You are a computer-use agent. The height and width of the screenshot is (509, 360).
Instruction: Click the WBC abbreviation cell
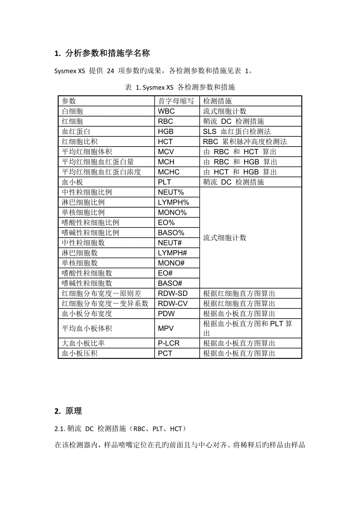pyautogui.click(x=166, y=111)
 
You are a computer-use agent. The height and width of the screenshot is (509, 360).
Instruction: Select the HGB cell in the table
pyautogui.click(x=166, y=132)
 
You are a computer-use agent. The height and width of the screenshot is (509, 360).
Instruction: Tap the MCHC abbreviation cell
pyautogui.click(x=168, y=172)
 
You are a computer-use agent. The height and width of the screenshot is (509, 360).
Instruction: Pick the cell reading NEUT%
pyautogui.click(x=171, y=192)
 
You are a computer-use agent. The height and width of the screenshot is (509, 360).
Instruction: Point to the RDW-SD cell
pyautogui.click(x=173, y=293)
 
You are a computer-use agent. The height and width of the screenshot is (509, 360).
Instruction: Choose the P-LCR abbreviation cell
pyautogui.click(x=169, y=343)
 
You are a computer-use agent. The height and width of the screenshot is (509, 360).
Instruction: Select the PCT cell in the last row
pyautogui.click(x=165, y=353)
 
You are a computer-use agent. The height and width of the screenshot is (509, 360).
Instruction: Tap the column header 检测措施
pyautogui.click(x=218, y=101)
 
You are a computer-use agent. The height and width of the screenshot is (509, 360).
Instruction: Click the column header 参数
pyautogui.click(x=69, y=101)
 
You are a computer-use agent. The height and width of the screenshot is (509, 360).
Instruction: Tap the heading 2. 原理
pyautogui.click(x=68, y=411)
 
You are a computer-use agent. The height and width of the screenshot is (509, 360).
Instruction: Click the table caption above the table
pyautogui.click(x=180, y=87)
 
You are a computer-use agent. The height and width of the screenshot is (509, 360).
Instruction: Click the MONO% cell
pyautogui.click(x=172, y=213)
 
